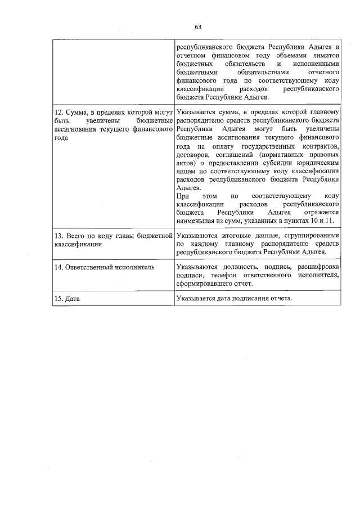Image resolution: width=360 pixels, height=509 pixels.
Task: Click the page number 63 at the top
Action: pos(198,26)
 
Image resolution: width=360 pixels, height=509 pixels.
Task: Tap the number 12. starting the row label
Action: pos(58,111)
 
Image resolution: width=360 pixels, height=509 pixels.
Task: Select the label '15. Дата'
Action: pos(66,299)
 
